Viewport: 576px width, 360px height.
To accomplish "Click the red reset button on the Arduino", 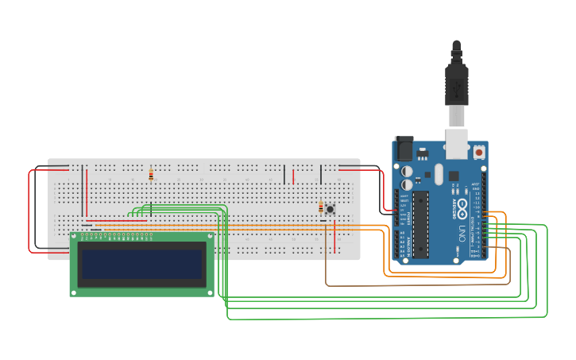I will (x=479, y=152).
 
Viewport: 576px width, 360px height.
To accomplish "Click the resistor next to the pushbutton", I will (x=321, y=208).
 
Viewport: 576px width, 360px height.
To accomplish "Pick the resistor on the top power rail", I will (x=151, y=174).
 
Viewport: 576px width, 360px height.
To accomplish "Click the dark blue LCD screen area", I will (x=142, y=264).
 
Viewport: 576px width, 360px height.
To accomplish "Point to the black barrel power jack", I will (x=404, y=149).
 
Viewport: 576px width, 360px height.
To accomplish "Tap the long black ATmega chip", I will (x=421, y=224).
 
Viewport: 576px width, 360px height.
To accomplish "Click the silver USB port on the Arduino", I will (x=457, y=143).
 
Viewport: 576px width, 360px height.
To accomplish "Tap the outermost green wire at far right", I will (x=547, y=270).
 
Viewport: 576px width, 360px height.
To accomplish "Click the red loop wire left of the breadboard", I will (x=30, y=211).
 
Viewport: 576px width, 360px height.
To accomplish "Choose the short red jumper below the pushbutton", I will (x=334, y=235).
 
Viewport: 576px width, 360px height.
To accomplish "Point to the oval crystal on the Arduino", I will (x=438, y=174).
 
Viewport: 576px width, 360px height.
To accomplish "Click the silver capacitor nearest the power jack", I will (x=407, y=171).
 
